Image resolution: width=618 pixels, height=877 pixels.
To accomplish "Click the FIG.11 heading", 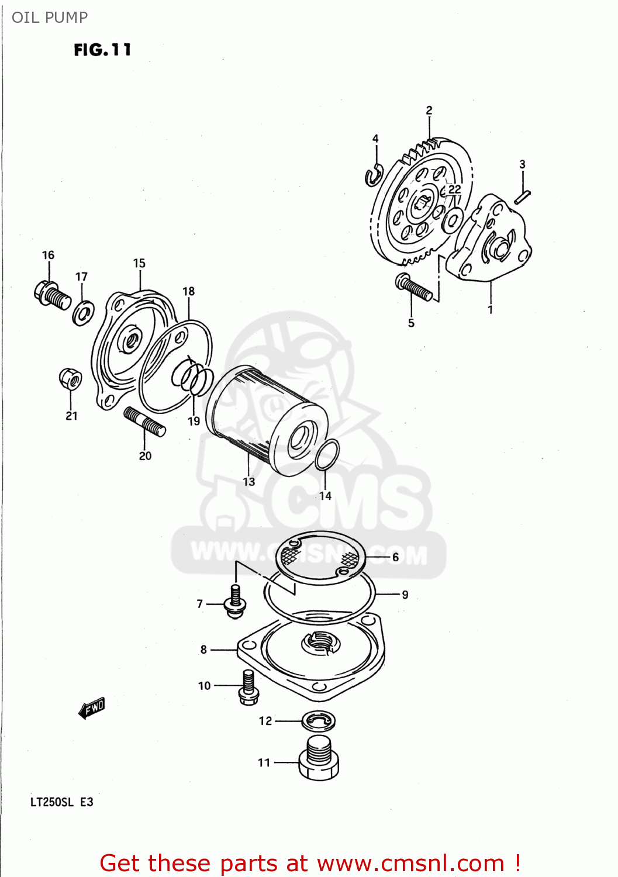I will coord(102,50).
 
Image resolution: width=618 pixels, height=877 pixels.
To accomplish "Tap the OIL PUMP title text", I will coord(50,18).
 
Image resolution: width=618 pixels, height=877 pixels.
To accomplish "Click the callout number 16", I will coord(48,255).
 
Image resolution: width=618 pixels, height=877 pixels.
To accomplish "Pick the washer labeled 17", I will coord(84,312).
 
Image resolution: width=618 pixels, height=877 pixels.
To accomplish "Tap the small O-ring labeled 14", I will coord(327,455).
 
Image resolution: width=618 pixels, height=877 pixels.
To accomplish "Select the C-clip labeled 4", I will coord(373,175).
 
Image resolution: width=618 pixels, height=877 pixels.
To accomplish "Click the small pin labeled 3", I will coord(522,196).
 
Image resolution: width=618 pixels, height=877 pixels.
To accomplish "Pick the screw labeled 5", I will coord(414,286).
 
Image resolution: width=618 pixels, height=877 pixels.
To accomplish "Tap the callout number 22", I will coord(455,189).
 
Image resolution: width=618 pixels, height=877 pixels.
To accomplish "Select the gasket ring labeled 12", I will coord(319,721).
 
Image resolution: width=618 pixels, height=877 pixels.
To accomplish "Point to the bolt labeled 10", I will coord(248,688).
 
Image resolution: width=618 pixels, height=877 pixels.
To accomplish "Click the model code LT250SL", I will coord(52,802).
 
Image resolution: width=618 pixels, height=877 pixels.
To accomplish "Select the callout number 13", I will coord(249,482).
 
